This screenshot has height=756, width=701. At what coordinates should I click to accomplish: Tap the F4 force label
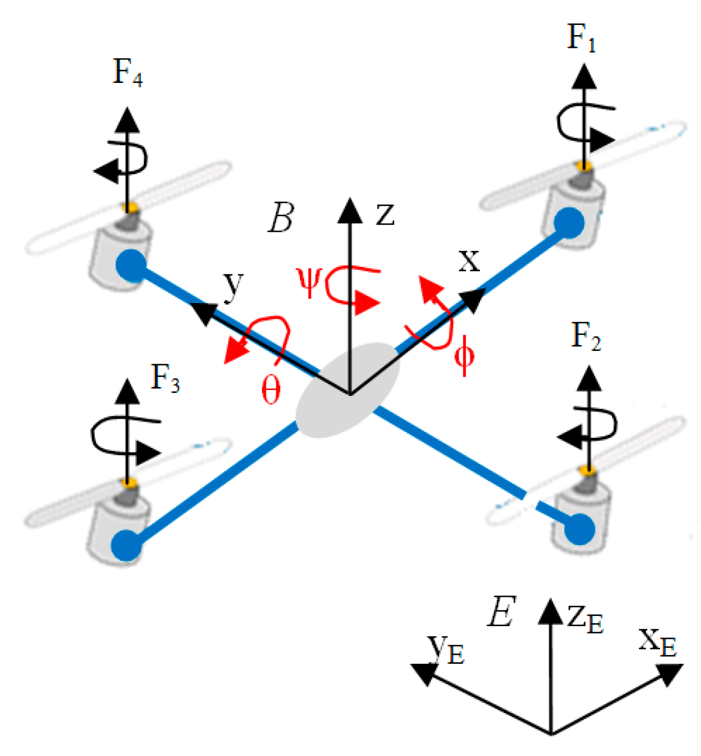127,73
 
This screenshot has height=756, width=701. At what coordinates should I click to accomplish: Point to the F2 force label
585,337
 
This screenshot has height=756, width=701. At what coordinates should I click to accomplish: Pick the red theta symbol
271,390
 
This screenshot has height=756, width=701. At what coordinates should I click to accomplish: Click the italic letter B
281,218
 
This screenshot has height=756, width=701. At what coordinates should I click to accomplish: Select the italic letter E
501,612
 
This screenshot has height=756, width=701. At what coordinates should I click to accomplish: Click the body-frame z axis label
385,214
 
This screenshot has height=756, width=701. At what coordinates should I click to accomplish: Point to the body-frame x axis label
469,261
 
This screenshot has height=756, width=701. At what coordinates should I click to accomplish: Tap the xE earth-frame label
658,642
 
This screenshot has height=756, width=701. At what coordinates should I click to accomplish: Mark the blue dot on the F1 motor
569,223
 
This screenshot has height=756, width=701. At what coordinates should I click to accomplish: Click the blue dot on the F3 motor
126,545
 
